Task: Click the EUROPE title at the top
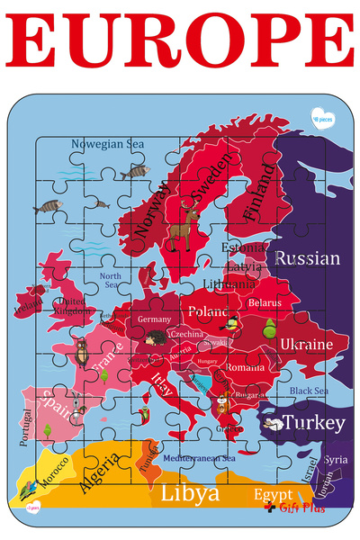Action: [180, 40]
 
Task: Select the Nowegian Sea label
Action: [107, 143]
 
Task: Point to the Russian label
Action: [307, 259]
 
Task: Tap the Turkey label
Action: [312, 423]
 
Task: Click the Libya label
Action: [189, 494]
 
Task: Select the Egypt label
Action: [272, 495]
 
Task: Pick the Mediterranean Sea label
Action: [199, 459]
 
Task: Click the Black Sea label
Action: [309, 391]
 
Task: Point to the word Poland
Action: [207, 311]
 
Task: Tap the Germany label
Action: [154, 319]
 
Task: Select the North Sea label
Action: [110, 280]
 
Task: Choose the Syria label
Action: [335, 460]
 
